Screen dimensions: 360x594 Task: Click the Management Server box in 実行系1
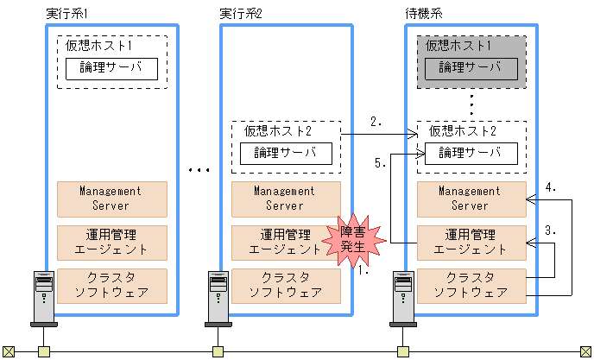(x=111, y=199)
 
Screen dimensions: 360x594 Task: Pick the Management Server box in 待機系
(x=471, y=199)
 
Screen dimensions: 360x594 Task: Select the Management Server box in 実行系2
(x=285, y=199)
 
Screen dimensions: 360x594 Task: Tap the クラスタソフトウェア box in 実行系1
(x=111, y=285)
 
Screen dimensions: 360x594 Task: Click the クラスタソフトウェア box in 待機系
(x=471, y=285)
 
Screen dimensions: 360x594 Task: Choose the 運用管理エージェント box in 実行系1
(x=111, y=243)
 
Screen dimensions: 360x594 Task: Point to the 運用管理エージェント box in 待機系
(x=471, y=243)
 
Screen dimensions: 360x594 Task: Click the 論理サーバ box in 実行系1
(x=111, y=68)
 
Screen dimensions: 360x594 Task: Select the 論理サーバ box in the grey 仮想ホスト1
(x=471, y=68)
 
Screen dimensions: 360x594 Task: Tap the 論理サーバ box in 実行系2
(x=285, y=154)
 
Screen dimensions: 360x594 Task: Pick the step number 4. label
(x=555, y=187)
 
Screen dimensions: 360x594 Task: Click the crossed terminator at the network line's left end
(x=9, y=351)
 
